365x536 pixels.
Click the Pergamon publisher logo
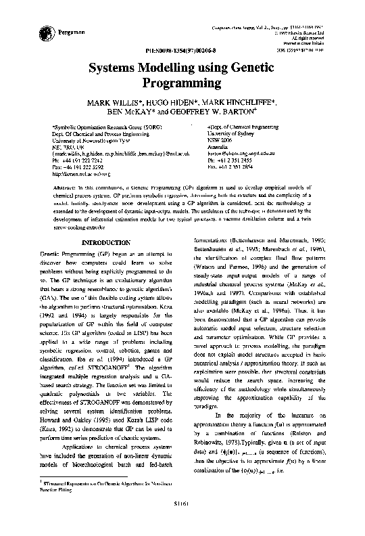pos(39,32)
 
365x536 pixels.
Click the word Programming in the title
pos(182,83)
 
